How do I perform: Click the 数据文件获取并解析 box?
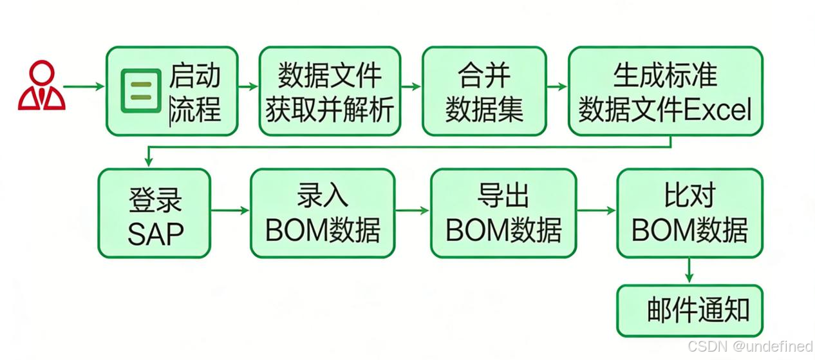click(330, 91)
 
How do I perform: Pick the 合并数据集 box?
click(484, 91)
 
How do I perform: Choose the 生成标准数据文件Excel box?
click(666, 91)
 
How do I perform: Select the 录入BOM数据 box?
click(322, 213)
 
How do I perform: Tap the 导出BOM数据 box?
click(503, 213)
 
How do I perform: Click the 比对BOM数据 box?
click(689, 213)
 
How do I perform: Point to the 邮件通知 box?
click(689, 310)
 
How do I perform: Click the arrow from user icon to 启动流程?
click(84, 86)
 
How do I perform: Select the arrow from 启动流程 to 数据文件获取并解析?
click(248, 86)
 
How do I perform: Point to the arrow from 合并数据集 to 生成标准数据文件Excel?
click(557, 86)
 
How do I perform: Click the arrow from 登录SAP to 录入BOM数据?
click(230, 210)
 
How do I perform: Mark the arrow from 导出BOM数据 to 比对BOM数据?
click(596, 210)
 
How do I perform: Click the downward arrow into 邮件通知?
click(689, 271)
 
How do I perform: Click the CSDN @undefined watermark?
click(750, 346)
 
